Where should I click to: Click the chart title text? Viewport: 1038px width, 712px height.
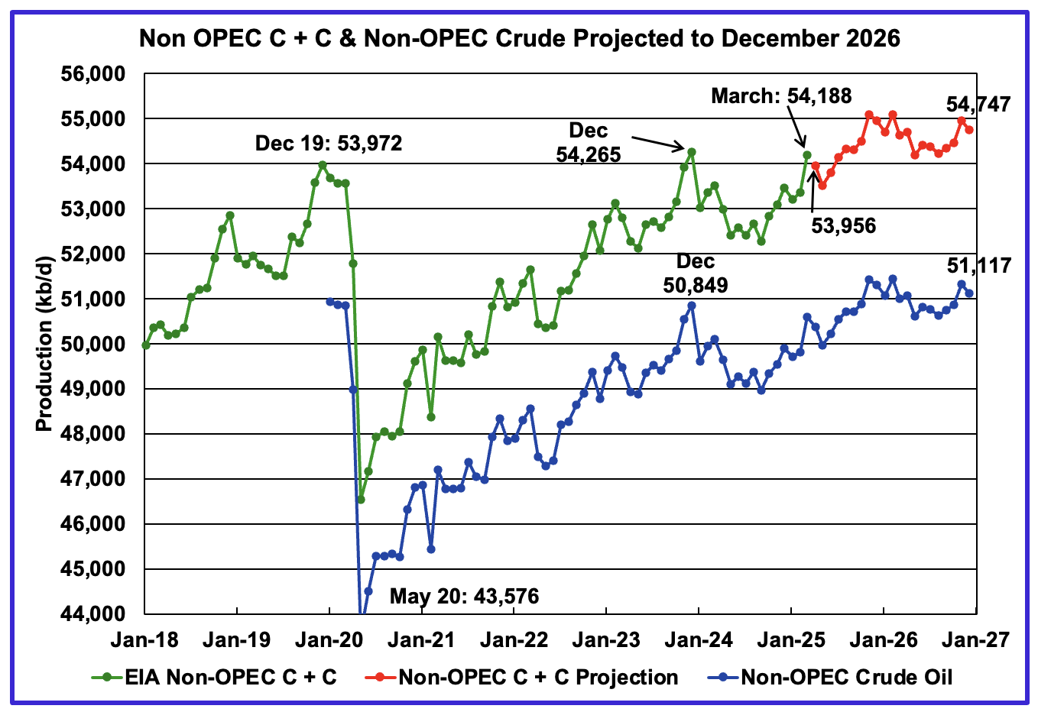click(x=519, y=37)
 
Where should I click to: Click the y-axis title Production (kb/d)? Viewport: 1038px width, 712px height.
click(x=44, y=344)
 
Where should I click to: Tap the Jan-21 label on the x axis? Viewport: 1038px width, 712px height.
click(x=421, y=639)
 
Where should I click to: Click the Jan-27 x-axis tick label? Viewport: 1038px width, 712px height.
click(x=975, y=639)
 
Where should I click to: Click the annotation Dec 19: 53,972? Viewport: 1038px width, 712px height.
click(x=329, y=143)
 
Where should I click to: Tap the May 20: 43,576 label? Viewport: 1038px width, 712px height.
click(x=464, y=596)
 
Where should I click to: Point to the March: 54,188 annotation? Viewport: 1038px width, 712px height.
click(x=781, y=95)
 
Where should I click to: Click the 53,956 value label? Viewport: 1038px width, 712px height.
click(x=843, y=225)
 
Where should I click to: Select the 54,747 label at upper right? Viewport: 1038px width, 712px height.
click(x=978, y=104)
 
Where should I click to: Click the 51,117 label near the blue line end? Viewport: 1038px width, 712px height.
click(x=978, y=266)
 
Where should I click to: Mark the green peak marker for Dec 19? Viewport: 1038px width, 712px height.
click(x=322, y=164)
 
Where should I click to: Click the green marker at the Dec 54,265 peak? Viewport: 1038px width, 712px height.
click(x=691, y=151)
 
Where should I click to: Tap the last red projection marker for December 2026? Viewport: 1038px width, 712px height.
click(x=969, y=130)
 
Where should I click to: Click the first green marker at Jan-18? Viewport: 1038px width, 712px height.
click(x=145, y=345)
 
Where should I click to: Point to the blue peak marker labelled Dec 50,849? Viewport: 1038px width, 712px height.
click(x=691, y=306)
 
